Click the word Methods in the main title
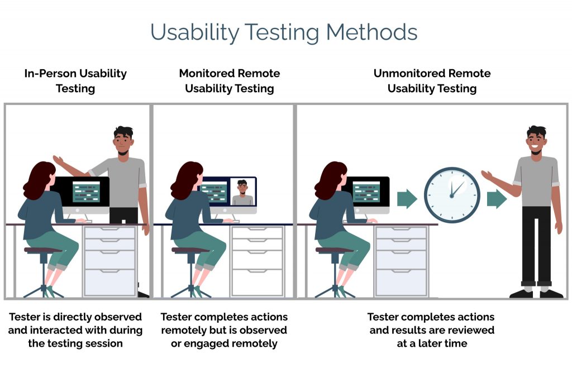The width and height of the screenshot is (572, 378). pos(371,32)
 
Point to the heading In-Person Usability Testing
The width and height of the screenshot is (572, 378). pos(75,81)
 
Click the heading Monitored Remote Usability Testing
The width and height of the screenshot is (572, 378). pos(229,81)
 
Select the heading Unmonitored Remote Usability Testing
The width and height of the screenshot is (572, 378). pos(432,81)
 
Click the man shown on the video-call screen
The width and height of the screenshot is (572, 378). pos(242,193)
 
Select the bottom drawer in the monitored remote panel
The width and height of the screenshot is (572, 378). pos(257,282)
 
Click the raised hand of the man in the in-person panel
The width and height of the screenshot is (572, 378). pos(58,160)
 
